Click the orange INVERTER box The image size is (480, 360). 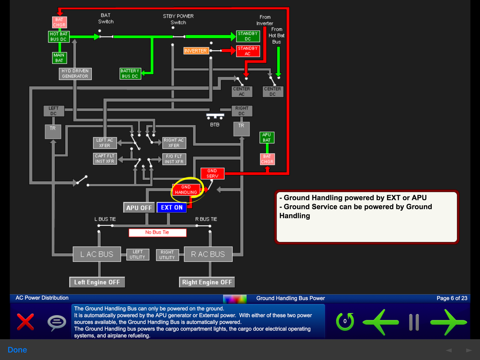[x=196, y=51]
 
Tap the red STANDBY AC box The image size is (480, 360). [x=248, y=51]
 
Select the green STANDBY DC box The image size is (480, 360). [x=248, y=36]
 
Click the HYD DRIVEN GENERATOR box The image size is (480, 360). [x=75, y=74]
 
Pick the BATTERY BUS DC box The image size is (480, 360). [x=130, y=74]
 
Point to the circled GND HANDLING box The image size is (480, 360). [x=186, y=190]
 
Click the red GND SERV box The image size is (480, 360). [x=212, y=173]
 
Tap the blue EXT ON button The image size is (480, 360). [x=172, y=208]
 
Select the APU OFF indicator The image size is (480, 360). [x=139, y=208]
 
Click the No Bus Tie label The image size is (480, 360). [x=157, y=232]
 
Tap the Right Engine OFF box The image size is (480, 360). [x=207, y=282]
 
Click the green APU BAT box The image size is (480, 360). [x=267, y=137]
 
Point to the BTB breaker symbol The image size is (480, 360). [x=215, y=116]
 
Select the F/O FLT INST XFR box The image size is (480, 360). [x=174, y=159]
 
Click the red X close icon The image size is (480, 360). [x=26, y=322]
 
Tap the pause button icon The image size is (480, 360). [x=414, y=322]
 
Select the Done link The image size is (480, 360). [x=17, y=350]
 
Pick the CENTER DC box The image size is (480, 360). [x=272, y=91]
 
